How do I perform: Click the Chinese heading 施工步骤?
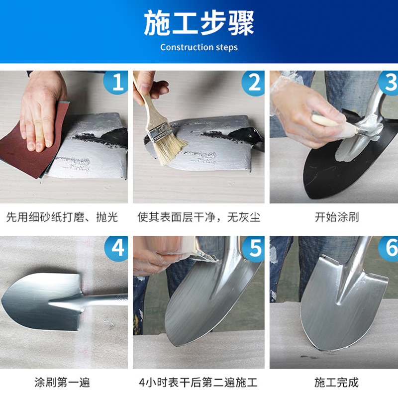pyautogui.click(x=199, y=23)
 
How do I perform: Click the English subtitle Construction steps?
pyautogui.click(x=199, y=47)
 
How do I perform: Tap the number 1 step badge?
pyautogui.click(x=116, y=82)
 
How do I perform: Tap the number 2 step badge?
pyautogui.click(x=253, y=83)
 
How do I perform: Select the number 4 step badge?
pyautogui.click(x=117, y=248)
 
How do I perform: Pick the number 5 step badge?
pyautogui.click(x=254, y=249)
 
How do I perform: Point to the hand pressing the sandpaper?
pyautogui.click(x=42, y=111)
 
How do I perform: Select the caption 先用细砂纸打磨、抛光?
pyautogui.click(x=62, y=217)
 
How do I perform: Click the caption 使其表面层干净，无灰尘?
pyautogui.click(x=199, y=217)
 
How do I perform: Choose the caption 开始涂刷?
pyautogui.click(x=337, y=217)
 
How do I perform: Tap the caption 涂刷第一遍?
pyautogui.click(x=62, y=383)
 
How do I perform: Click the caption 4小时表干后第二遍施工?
pyautogui.click(x=198, y=383)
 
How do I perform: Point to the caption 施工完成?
pyautogui.click(x=336, y=383)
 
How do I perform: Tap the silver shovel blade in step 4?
pyautogui.click(x=41, y=302)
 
